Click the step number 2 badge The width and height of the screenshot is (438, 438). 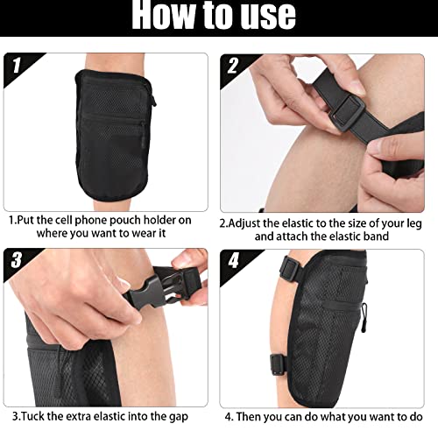235,66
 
